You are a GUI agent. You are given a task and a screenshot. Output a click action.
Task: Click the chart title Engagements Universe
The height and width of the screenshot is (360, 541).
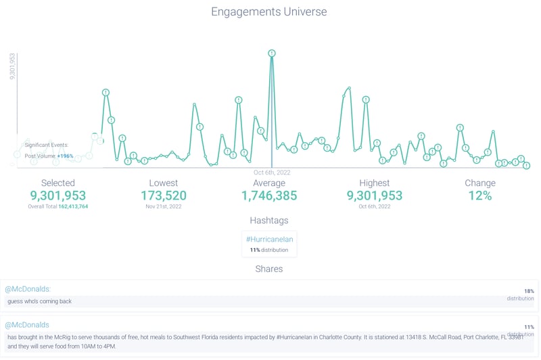[269, 12]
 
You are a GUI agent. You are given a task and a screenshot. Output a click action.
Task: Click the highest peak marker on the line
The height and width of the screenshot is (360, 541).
[271, 53]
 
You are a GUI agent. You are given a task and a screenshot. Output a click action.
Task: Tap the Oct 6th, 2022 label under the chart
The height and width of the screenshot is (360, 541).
[272, 173]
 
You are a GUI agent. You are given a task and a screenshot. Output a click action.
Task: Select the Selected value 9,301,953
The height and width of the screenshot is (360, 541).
[58, 196]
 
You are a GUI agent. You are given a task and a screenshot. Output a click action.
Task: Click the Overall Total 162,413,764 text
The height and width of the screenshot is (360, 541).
[58, 206]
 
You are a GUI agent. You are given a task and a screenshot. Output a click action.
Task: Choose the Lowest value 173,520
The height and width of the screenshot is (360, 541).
[163, 196]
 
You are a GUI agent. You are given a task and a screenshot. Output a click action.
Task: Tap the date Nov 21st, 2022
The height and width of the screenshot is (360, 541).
[163, 206]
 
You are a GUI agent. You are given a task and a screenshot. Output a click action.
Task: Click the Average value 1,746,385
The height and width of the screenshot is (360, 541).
[269, 196]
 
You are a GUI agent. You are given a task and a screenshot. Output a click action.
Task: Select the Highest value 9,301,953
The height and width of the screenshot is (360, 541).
[375, 196]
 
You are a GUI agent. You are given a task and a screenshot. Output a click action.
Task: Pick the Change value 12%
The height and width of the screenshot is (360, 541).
[479, 196]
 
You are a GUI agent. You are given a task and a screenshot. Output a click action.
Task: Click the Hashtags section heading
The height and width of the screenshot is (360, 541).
[269, 221]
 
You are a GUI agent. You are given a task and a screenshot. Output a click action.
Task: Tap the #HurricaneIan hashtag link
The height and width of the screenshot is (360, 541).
[269, 239]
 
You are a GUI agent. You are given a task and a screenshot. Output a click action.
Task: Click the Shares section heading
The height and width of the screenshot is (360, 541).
[269, 269]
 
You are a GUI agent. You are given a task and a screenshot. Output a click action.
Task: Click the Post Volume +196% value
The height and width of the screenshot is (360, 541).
[65, 156]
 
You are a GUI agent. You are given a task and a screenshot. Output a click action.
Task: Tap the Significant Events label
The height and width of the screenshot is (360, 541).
[46, 145]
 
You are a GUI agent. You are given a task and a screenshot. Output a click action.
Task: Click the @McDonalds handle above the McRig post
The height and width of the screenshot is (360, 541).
[27, 325]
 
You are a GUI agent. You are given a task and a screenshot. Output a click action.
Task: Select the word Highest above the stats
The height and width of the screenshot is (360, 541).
[375, 183]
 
